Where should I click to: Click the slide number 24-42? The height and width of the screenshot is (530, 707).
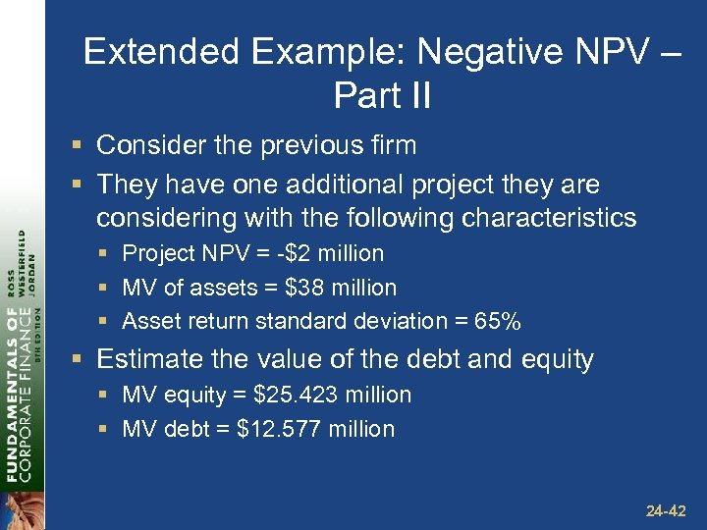point(665,511)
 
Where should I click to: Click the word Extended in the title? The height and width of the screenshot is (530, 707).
point(145,52)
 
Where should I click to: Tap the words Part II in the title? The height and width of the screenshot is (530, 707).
point(382,95)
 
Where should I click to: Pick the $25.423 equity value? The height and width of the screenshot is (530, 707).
point(295,395)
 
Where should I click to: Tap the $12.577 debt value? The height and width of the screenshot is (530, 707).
point(278,429)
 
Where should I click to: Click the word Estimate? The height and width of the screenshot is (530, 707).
point(144,359)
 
